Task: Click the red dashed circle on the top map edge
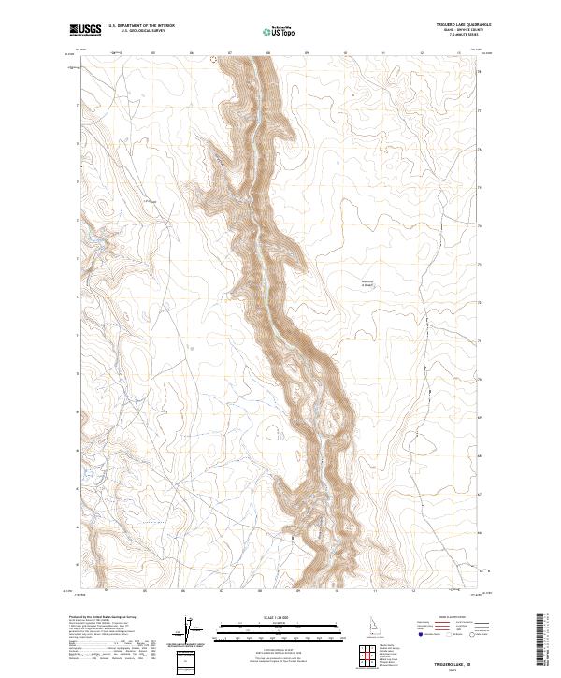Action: click(213, 59)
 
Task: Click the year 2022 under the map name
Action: click(463, 670)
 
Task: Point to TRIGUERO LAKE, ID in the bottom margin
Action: click(463, 663)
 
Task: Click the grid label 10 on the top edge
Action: click(346, 53)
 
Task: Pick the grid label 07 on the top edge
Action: click(230, 53)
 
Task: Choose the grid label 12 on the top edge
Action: click(423, 53)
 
